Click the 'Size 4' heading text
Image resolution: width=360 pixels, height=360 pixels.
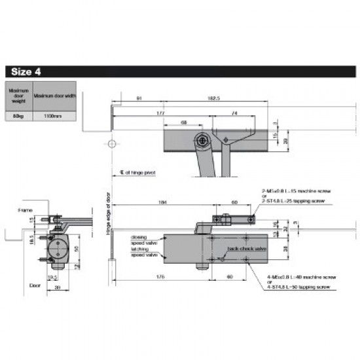coord(26,71)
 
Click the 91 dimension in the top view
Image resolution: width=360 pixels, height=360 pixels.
coord(139,99)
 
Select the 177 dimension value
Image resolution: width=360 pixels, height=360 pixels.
coord(160,113)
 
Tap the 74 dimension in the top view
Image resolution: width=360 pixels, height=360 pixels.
coord(234,113)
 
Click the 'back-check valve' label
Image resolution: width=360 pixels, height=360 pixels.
coord(247,249)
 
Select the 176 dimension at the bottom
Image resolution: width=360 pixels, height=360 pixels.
coord(162,276)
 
